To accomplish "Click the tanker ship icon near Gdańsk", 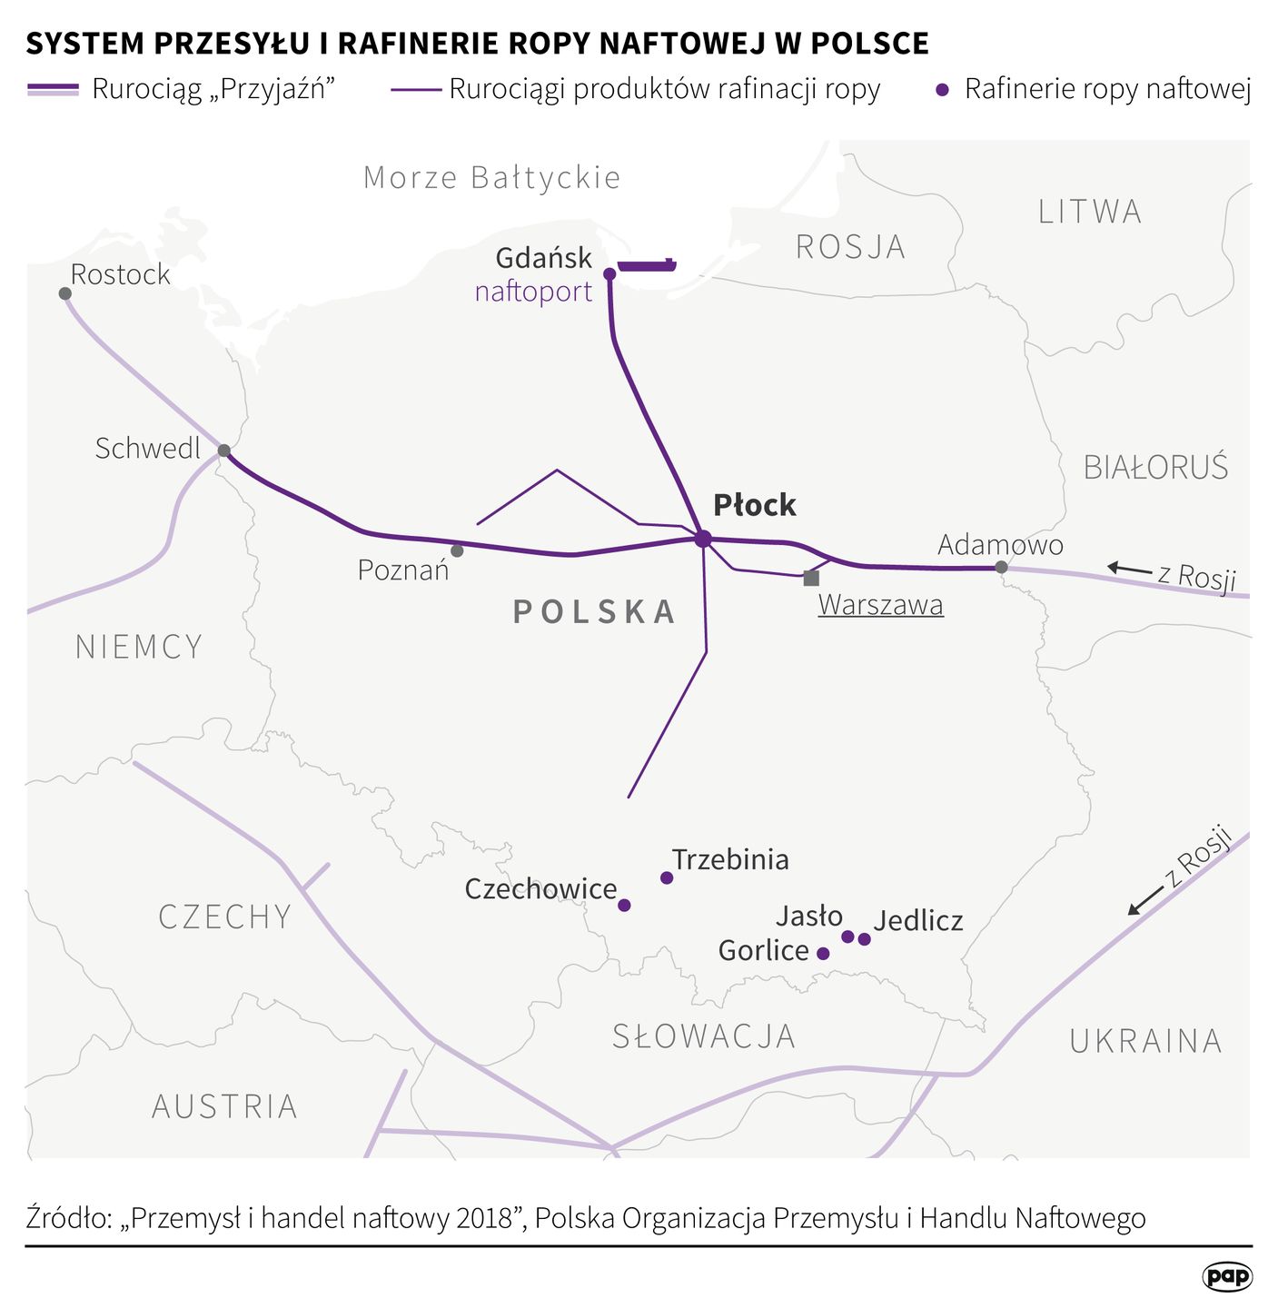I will point(648,265).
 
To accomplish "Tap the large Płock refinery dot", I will point(702,539).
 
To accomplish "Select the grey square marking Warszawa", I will point(811,578).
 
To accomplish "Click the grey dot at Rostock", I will point(65,293).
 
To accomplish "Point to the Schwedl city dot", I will point(223,451).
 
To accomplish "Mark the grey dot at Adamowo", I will point(1001,567).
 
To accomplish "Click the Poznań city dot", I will point(457,550).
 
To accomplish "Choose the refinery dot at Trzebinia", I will point(667,877).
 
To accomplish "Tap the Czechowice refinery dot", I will point(624,905).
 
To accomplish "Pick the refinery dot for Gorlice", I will point(823,953).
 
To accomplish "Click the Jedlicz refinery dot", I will point(864,938).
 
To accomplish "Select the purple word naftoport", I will point(533,292).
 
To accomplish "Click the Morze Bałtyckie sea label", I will point(491,177).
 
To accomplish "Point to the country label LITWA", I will point(1089,212).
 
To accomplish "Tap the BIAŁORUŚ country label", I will point(1155,467).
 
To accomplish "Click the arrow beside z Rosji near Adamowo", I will point(1129,569).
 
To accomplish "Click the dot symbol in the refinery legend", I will point(943,90).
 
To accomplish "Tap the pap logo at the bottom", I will point(1227,1276).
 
